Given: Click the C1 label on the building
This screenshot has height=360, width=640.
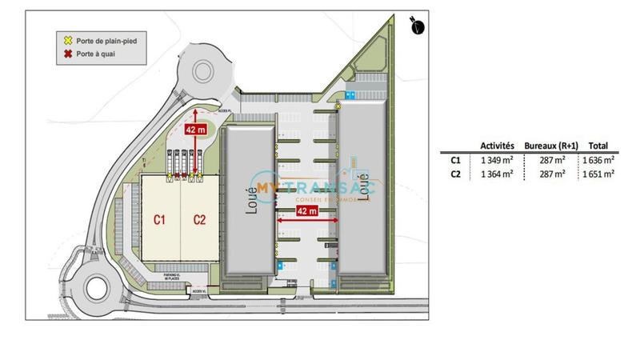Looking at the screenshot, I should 160,218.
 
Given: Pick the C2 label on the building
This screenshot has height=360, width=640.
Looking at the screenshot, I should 198,218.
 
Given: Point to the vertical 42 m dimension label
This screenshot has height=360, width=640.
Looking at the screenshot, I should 194,128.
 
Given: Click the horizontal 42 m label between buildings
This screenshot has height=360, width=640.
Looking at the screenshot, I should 306,211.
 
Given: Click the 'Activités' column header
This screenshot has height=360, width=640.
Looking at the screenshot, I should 497,146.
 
